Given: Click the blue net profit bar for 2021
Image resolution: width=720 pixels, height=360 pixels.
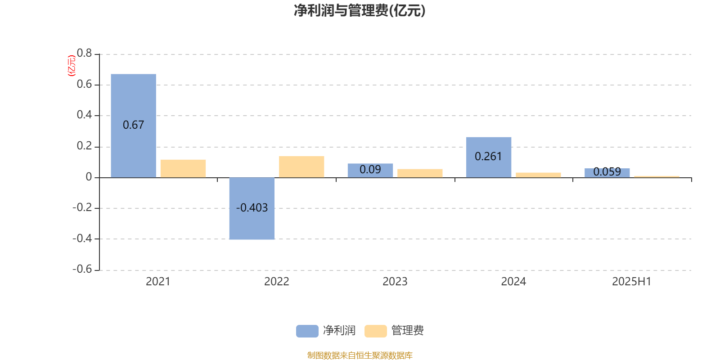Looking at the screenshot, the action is [x=133, y=126].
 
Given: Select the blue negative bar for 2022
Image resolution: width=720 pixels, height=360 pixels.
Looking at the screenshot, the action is [x=252, y=209].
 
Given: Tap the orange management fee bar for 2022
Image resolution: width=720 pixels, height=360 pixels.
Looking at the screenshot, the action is [x=301, y=167].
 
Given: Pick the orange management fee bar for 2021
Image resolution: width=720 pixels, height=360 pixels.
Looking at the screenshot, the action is [x=183, y=169].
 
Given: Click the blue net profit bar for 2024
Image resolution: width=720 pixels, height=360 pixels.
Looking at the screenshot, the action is [x=489, y=157].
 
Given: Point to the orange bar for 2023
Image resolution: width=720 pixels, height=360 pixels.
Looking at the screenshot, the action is [x=420, y=173].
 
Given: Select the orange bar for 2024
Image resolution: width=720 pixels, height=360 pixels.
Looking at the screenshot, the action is [x=538, y=175].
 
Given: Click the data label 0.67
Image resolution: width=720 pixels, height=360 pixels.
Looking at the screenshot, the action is [x=133, y=125].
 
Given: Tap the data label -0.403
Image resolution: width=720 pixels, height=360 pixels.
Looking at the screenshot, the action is [x=252, y=208].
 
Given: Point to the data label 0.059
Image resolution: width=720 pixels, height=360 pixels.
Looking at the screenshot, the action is [x=607, y=171].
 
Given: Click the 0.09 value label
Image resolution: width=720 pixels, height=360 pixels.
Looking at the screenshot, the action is [x=370, y=169].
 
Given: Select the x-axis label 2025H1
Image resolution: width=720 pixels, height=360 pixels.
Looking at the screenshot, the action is [x=632, y=282].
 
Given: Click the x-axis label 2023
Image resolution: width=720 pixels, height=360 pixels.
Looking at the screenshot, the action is [x=395, y=282].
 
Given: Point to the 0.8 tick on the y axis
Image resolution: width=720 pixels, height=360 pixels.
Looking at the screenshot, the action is [x=85, y=53].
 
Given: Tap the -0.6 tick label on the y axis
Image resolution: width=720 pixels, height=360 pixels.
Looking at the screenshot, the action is [x=82, y=269].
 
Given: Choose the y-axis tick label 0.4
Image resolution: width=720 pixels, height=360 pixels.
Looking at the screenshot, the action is [x=85, y=115].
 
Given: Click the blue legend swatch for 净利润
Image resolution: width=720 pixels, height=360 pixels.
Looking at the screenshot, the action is [x=307, y=331].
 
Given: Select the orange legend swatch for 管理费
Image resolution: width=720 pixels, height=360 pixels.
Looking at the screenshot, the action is [x=376, y=331].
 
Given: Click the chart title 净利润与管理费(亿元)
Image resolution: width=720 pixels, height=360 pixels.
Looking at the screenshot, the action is [x=360, y=11].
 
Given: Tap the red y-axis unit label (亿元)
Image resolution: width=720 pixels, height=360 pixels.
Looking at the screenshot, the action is [x=72, y=66].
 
